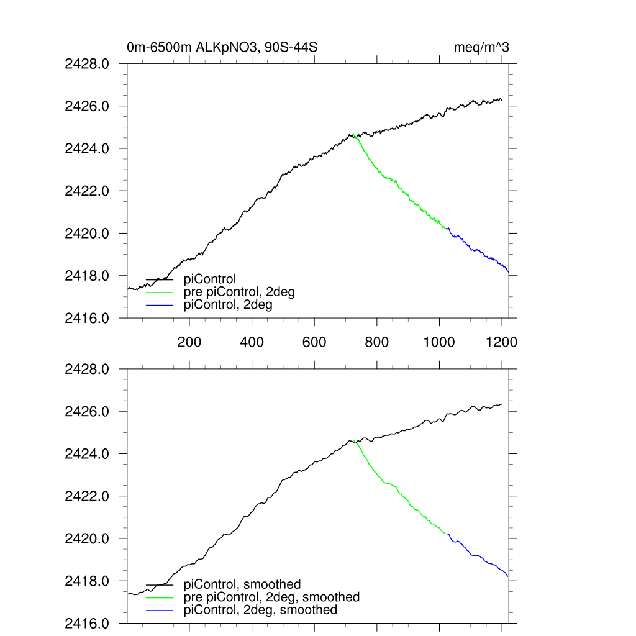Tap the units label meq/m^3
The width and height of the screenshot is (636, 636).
482,47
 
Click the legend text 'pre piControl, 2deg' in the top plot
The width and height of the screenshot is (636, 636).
239,292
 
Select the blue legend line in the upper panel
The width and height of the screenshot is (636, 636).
160,305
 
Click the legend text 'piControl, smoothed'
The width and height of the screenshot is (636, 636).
242,584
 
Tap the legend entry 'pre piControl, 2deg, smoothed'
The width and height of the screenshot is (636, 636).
271,597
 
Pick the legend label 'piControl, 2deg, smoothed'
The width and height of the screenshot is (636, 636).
261,610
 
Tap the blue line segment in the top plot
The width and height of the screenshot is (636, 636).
478,250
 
